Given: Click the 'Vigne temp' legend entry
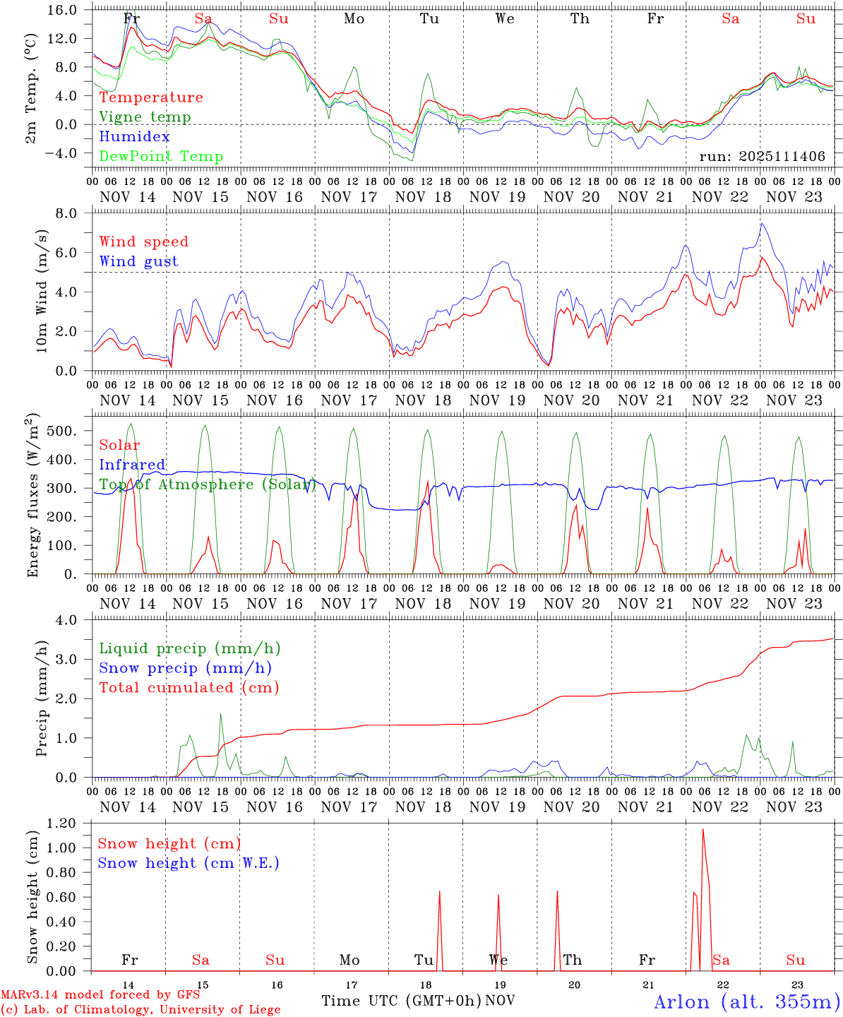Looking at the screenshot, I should (145, 117).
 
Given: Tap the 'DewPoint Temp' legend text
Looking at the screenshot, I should (161, 156).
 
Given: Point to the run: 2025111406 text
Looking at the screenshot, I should (762, 156).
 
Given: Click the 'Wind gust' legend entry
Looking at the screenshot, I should (138, 261).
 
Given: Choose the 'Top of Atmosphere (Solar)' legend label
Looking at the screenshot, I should (207, 484).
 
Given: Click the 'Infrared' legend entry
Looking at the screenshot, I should (132, 465).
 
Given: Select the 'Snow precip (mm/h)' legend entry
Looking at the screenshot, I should (185, 668).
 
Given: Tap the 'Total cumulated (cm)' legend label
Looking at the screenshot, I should (189, 687).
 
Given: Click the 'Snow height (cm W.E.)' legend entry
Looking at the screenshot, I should (189, 863).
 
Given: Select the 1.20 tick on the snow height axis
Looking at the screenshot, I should (69, 823).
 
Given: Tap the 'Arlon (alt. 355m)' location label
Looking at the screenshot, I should (747, 1001).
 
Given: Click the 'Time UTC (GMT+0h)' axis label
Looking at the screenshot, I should (401, 1001).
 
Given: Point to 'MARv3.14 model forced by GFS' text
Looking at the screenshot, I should (100, 995).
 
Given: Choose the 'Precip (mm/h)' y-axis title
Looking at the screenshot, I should (42, 698).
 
